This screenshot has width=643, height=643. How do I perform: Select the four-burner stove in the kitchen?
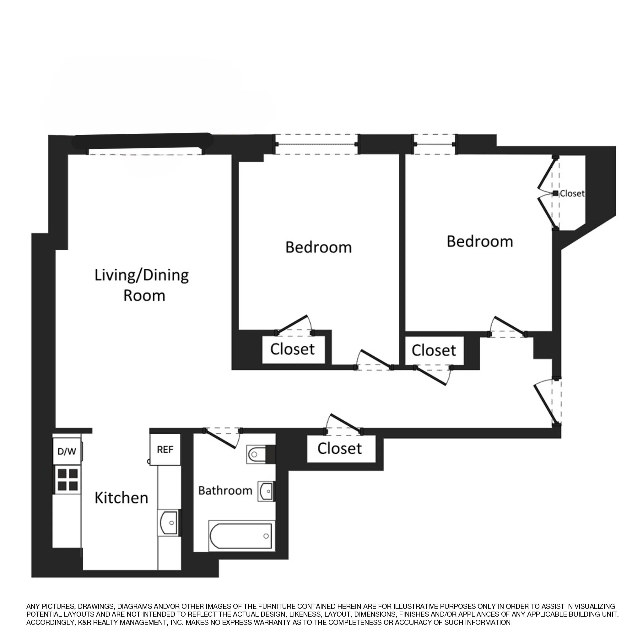pyautogui.click(x=68, y=480)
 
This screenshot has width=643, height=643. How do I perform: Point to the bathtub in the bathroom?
pyautogui.click(x=240, y=536)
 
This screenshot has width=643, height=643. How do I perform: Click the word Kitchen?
pyautogui.click(x=121, y=498)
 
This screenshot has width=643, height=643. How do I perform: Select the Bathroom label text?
pyautogui.click(x=225, y=491)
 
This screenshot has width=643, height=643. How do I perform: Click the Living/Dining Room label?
pyautogui.click(x=142, y=285)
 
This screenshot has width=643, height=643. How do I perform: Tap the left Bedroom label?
pyautogui.click(x=318, y=247)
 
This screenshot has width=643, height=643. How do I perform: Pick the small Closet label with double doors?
pyautogui.click(x=572, y=193)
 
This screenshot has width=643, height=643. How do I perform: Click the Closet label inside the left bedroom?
pyautogui.click(x=292, y=349)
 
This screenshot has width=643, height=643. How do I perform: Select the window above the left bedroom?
pyautogui.click(x=316, y=144)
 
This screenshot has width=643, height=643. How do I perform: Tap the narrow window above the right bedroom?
pyautogui.click(x=435, y=144)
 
